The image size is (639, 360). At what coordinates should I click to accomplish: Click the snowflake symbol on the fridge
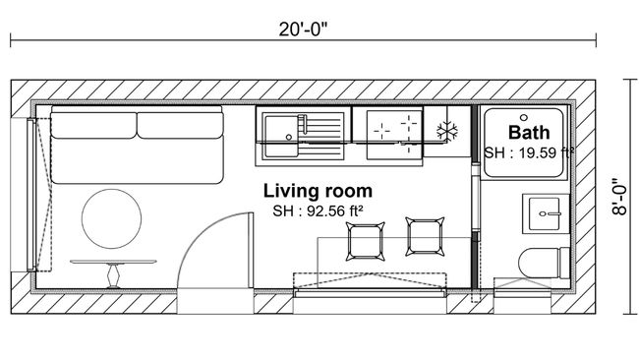(447, 132)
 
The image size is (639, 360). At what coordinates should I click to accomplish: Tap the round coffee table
(110, 218)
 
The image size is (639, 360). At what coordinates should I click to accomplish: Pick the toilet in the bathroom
(543, 265)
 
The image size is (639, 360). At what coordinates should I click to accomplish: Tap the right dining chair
(425, 237)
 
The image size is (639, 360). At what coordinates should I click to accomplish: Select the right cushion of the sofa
(182, 126)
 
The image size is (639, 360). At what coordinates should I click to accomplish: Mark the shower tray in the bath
(526, 143)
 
